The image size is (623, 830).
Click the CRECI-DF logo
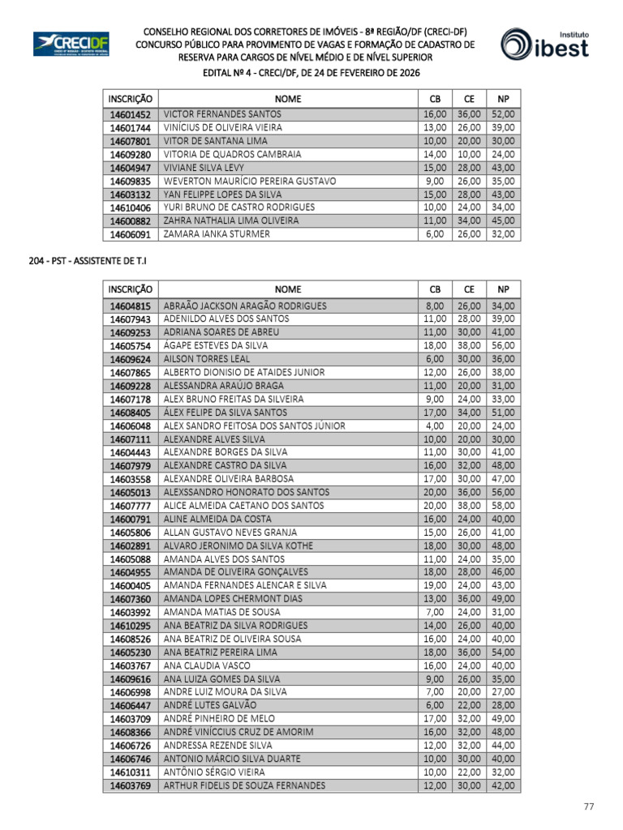(71, 44)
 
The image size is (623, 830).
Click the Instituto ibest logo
(544, 45)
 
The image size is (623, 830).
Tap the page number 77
(590, 806)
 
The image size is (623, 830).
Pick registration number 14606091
(131, 234)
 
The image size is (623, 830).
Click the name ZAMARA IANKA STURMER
(217, 234)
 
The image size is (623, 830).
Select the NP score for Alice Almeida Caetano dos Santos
(503, 506)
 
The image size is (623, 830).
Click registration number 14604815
(131, 306)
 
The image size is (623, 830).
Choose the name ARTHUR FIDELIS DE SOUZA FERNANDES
(244, 785)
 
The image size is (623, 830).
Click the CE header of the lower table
(469, 289)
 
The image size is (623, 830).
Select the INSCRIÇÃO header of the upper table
(131, 98)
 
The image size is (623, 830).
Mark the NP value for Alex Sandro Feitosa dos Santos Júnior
(503, 426)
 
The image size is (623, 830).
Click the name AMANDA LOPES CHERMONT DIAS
(232, 599)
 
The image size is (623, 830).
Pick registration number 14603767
(131, 665)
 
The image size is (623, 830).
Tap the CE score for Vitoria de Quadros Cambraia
(469, 154)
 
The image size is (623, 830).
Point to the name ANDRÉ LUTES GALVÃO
(208, 706)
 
